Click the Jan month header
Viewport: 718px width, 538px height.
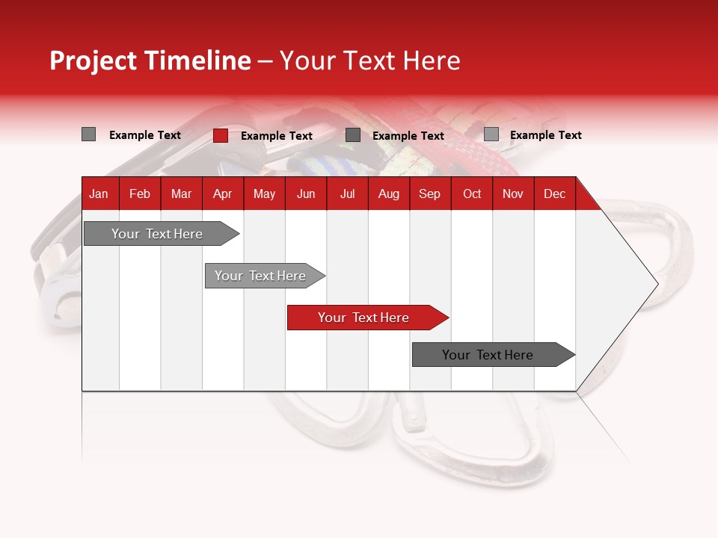click(x=99, y=194)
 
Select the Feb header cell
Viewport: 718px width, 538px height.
click(x=140, y=194)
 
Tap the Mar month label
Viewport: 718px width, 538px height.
click(x=181, y=194)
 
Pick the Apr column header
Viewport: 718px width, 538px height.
click(x=222, y=194)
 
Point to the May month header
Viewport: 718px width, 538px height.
click(x=264, y=194)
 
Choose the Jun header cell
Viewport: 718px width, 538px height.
click(x=306, y=194)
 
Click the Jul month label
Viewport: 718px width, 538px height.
click(x=347, y=194)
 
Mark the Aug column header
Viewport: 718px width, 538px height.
click(x=388, y=194)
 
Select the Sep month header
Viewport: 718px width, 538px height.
click(x=429, y=194)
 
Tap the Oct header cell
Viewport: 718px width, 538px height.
click(x=472, y=194)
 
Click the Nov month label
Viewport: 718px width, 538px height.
click(x=513, y=194)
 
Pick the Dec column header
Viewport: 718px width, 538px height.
click(x=554, y=194)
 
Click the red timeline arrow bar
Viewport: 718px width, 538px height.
click(x=363, y=318)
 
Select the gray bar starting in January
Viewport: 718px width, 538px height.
click(x=157, y=234)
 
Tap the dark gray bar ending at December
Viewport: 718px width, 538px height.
click(x=488, y=355)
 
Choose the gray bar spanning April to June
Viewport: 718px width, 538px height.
click(x=260, y=276)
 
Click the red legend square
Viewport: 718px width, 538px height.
click(x=221, y=135)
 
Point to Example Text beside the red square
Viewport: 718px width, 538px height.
click(x=277, y=136)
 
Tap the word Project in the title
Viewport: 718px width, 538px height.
click(x=93, y=61)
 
